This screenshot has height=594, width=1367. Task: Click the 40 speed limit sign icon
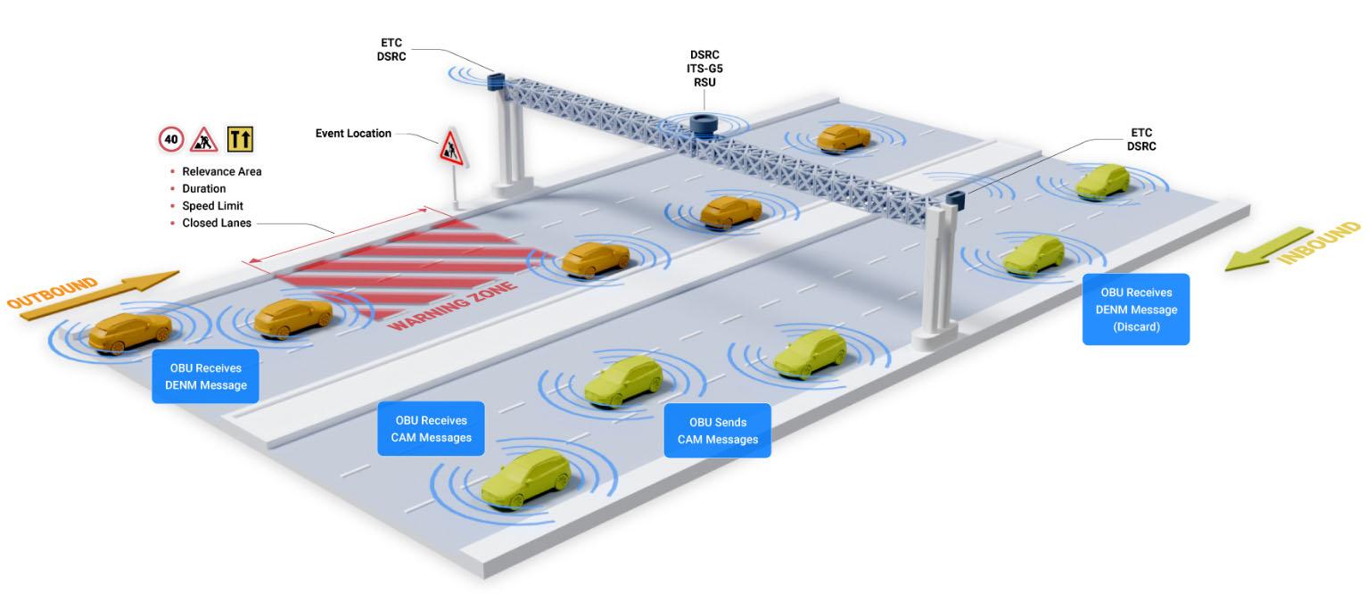171,139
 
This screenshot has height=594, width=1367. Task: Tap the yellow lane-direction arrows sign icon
240,139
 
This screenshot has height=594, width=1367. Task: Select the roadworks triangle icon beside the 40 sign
204,139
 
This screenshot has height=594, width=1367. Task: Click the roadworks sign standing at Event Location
450,146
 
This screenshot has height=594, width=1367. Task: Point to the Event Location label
353,134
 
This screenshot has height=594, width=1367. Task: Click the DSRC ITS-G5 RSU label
704,69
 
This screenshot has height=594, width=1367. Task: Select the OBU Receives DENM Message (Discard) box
1136,309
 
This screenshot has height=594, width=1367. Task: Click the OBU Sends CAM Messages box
717,431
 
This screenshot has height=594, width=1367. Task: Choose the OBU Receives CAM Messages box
431,429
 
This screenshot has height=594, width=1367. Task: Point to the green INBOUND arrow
1292,246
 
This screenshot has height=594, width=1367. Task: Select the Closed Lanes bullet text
217,223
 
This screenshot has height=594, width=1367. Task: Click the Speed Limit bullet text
212,206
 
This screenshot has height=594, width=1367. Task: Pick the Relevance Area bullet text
222,171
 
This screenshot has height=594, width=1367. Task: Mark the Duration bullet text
204,189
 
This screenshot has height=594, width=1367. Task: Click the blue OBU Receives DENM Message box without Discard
205,376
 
